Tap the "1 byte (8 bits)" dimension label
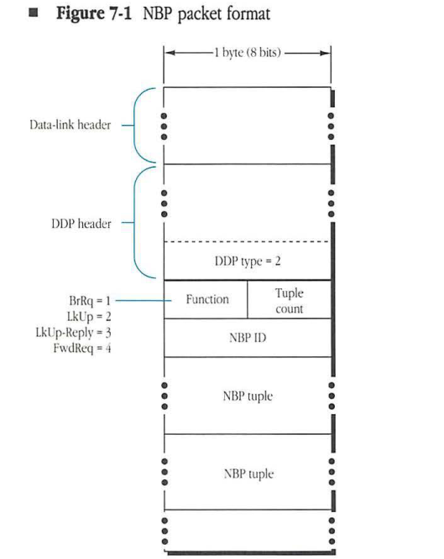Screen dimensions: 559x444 248,54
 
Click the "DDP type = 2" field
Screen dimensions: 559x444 248,261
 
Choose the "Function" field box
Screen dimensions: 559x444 206,298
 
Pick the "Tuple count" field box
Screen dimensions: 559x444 290,300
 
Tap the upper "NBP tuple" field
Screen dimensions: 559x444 248,396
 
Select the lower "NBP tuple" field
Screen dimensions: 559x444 248,473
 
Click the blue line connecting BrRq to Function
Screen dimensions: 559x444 138,299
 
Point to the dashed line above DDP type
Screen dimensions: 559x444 248,242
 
